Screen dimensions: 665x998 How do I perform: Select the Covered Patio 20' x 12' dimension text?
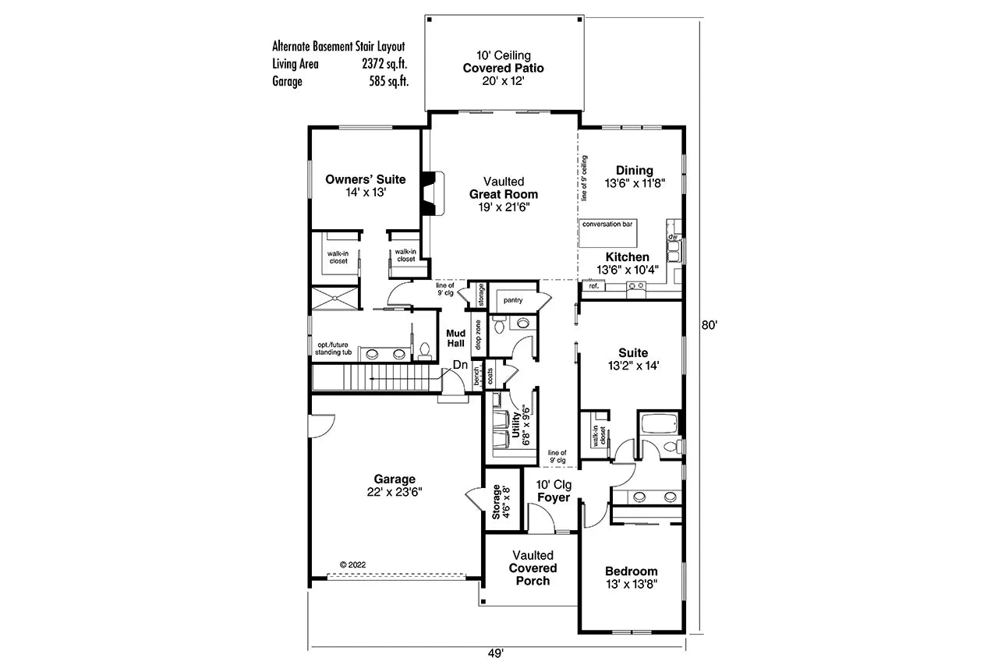503,80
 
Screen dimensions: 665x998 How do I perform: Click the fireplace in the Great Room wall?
429,193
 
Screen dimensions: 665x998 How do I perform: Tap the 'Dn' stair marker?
460,364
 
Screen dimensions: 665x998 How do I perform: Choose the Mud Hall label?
455,338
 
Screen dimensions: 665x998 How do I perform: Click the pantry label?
512,300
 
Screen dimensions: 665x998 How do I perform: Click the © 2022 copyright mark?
353,564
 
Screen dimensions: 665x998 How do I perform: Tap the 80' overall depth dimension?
708,326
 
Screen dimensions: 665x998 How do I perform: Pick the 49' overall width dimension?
496,653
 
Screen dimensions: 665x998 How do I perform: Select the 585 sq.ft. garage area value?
389,80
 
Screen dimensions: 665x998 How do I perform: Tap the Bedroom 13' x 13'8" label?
631,577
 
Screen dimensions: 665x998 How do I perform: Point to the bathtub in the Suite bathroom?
658,426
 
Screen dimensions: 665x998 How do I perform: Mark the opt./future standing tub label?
333,348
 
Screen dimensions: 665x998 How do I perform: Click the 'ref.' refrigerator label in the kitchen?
594,286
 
